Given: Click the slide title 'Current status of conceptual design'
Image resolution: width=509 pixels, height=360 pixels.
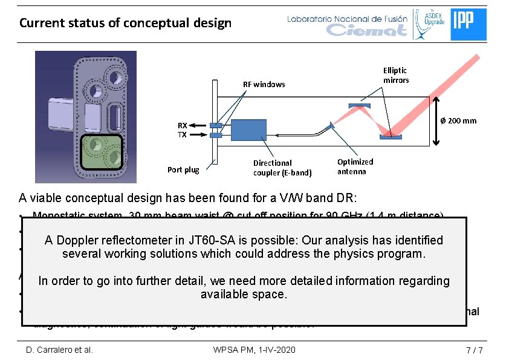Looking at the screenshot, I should [125, 23].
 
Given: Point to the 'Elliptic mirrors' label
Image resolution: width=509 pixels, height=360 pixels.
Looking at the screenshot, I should [395, 75].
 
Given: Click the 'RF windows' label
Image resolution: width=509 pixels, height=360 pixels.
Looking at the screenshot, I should [264, 84].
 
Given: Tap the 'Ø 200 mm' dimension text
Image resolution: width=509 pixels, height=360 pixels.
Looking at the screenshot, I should [458, 120].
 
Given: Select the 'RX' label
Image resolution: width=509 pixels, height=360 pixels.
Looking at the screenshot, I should [182, 126].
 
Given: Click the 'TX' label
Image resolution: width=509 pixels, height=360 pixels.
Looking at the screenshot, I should [182, 135].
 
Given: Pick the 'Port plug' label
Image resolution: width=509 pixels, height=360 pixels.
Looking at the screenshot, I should [183, 170].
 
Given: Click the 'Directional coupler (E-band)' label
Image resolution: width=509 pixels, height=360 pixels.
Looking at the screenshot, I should [282, 168].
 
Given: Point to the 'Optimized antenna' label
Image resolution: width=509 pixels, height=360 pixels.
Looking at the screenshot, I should [355, 166].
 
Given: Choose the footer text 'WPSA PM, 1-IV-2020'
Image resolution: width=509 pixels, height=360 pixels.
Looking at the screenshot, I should [254, 350].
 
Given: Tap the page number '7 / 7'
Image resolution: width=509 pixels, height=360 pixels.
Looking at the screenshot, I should [467, 350].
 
